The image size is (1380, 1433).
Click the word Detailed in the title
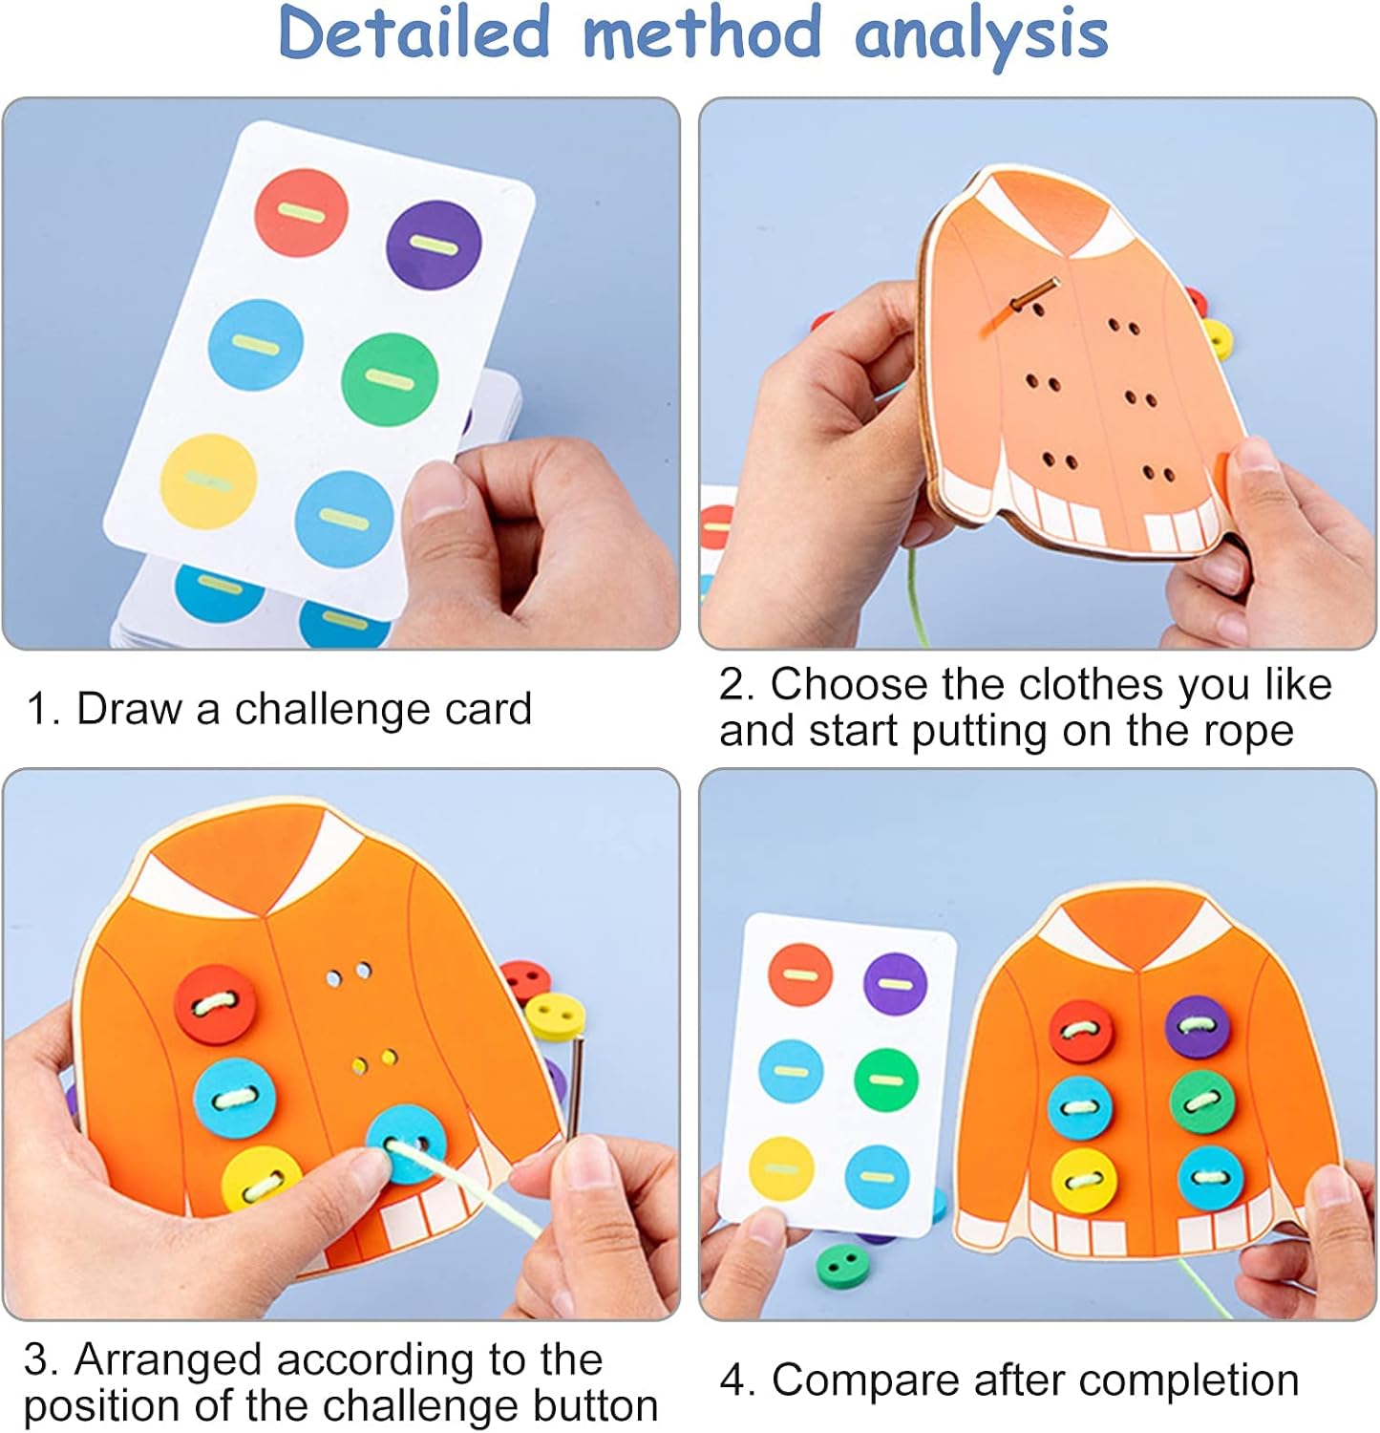click(414, 32)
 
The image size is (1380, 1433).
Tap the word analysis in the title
click(981, 37)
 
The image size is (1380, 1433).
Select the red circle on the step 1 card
click(301, 212)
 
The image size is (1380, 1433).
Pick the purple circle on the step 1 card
click(434, 246)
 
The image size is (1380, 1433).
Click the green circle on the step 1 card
click(390, 380)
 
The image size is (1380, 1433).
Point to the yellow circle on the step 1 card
click(209, 481)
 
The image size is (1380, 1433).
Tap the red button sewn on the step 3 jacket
click(216, 1005)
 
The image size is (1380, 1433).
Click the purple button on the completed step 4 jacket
click(1198, 1027)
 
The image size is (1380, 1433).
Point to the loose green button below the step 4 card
click(839, 1265)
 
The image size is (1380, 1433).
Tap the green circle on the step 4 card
click(886, 1080)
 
